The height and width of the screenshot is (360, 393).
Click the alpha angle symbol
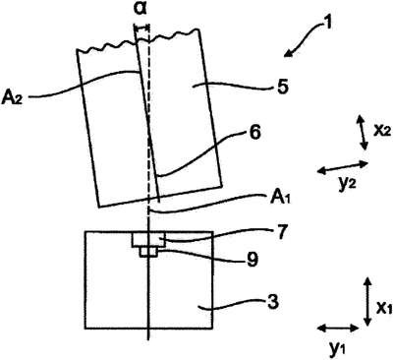(x=141, y=10)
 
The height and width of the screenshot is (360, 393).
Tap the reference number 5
(x=282, y=87)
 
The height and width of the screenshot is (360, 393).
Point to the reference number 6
(x=254, y=133)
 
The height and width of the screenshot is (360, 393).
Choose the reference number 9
(x=253, y=260)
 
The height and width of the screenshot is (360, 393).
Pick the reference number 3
(x=273, y=302)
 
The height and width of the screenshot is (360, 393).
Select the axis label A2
(x=12, y=97)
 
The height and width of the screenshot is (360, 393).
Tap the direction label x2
(x=382, y=131)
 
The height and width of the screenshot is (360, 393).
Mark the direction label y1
(x=336, y=350)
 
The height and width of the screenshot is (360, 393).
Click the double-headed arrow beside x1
(x=367, y=301)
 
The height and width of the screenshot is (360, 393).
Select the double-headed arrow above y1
(x=339, y=336)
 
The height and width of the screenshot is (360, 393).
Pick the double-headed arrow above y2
(x=343, y=166)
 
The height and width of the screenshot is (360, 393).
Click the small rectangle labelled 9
(x=148, y=252)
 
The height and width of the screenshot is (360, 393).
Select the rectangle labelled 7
(x=148, y=240)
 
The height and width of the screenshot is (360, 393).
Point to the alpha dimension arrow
(x=141, y=29)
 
